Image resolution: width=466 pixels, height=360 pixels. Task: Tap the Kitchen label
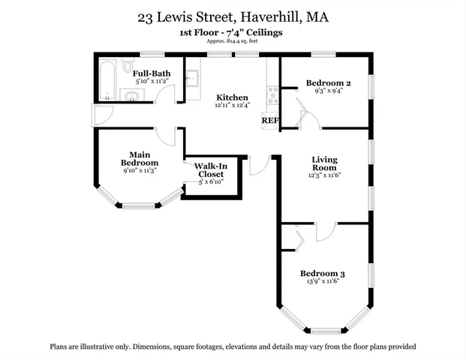click(x=232, y=98)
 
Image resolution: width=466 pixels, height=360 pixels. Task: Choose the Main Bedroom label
click(x=140, y=158)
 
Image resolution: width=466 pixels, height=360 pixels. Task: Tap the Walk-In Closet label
click(x=211, y=170)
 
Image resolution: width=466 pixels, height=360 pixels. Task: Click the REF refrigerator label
click(x=269, y=121)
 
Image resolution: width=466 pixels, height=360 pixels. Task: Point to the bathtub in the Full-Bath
click(x=106, y=79)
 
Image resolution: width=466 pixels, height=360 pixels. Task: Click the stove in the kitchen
click(x=272, y=95)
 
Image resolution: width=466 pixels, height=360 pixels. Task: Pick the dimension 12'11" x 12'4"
click(x=232, y=107)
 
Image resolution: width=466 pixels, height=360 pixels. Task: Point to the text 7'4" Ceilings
click(x=257, y=34)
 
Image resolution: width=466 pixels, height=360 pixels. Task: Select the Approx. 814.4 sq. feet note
click(x=233, y=43)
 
